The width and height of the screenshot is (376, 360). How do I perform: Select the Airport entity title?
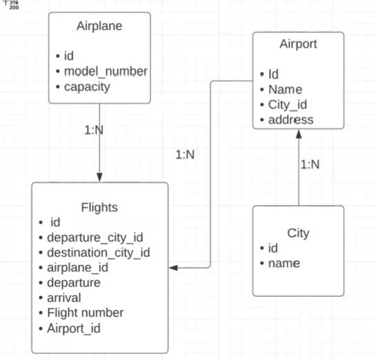coord(298,44)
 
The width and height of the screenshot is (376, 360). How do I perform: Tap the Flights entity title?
coord(99,207)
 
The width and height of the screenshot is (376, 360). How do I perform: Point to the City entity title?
coord(298,232)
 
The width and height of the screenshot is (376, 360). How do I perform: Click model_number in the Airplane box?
coord(106,71)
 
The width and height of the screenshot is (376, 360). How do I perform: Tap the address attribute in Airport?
coord(291,119)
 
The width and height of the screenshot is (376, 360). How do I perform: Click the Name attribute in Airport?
coord(286,89)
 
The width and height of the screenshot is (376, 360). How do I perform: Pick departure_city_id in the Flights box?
coord(95,237)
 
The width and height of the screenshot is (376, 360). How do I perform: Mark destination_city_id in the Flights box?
coord(99,252)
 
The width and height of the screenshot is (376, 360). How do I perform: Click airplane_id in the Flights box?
coord(77,268)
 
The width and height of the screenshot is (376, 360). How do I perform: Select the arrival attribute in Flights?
coord(63,298)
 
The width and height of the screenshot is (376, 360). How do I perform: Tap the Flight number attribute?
coord(86,312)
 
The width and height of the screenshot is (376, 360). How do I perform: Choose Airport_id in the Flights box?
coord(73,328)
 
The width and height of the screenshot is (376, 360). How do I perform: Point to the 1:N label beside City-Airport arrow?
coord(310,164)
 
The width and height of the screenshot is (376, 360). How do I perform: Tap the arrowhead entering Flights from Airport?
coord(174,268)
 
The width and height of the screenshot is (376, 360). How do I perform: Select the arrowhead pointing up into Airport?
coord(299,134)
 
